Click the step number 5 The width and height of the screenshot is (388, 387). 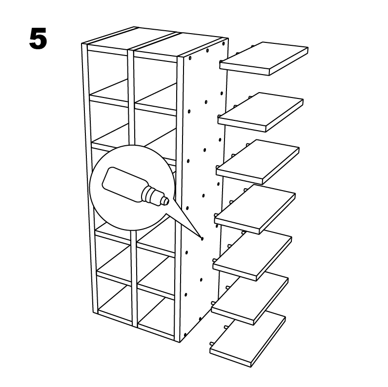click(38, 39)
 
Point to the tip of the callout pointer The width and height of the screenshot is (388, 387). click(202, 238)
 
